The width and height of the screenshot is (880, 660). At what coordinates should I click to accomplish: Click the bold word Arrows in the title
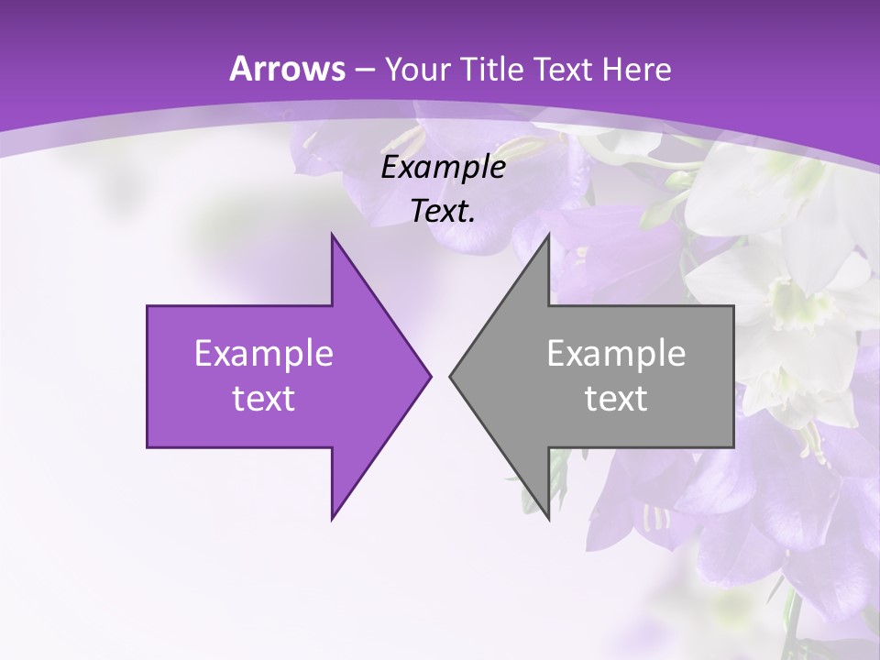pos(287,69)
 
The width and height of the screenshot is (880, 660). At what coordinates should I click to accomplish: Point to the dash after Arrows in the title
pos(364,71)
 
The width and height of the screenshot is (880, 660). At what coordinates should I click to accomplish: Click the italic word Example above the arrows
pos(444,167)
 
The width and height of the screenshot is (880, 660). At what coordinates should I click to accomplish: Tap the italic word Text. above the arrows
pos(444,212)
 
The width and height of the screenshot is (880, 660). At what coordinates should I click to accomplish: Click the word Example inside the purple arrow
pos(264,354)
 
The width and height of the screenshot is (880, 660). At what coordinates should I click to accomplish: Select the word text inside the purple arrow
pos(264,399)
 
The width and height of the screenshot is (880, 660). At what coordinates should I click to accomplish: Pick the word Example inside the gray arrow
pos(616,354)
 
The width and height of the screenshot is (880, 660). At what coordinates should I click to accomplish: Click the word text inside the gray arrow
pos(616,399)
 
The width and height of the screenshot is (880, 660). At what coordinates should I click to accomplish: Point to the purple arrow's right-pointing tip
pos(429,376)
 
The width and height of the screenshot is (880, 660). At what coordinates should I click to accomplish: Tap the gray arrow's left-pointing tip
pos(451,376)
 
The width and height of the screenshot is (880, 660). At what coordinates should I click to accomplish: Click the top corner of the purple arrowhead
pos(333,236)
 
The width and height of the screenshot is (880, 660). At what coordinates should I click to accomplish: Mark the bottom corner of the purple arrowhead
pos(333,518)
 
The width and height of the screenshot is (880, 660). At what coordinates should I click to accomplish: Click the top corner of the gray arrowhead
pos(547,236)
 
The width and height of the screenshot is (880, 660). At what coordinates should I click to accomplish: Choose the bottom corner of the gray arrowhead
pos(547,518)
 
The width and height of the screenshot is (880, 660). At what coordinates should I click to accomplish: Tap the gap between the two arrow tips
pos(440,376)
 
